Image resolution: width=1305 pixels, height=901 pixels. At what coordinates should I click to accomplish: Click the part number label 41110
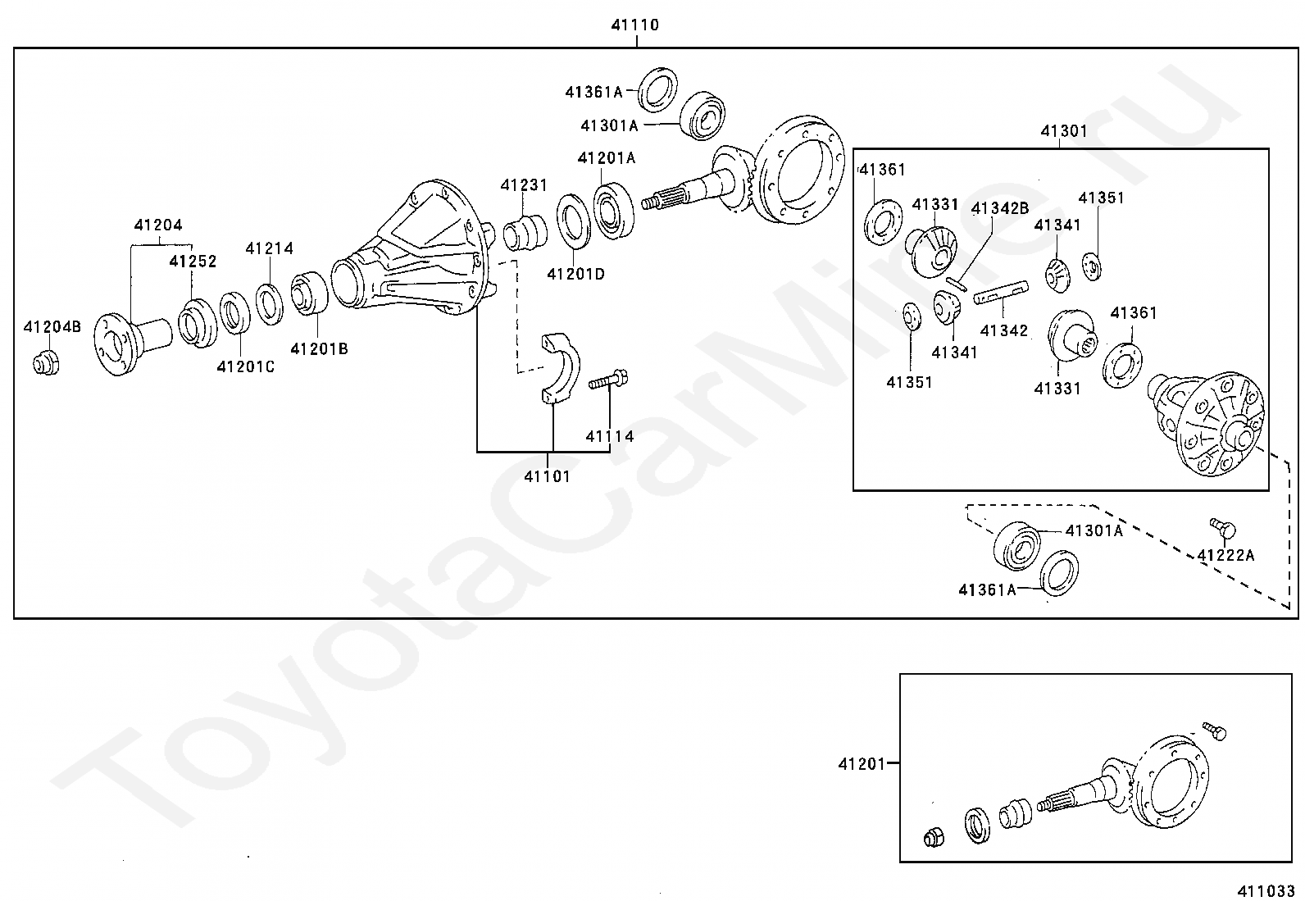pos(634,25)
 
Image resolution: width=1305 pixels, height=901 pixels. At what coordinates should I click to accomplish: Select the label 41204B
pos(52,327)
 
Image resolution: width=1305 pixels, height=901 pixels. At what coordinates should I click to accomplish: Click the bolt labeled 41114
pos(608,380)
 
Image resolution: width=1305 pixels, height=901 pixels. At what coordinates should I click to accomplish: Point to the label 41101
pos(547,476)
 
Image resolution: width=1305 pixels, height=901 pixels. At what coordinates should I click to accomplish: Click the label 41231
pos(524,185)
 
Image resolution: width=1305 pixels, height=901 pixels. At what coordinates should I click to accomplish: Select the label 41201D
pos(575,274)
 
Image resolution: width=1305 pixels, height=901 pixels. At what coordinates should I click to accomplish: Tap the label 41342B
pos(1000,208)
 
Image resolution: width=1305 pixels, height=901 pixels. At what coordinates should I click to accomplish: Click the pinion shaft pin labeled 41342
pos(1001,293)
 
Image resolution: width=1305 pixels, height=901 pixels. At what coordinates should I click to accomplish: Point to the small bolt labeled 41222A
pos(1222,527)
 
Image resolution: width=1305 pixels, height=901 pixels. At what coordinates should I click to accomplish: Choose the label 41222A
pos(1225,555)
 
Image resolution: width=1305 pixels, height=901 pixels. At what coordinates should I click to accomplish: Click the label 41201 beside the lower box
pos(861,764)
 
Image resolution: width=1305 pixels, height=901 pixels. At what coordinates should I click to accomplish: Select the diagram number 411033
pos(1266,891)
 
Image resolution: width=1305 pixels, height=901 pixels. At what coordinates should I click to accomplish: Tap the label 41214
pos(269,248)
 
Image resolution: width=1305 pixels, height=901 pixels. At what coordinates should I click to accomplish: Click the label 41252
pos(193,261)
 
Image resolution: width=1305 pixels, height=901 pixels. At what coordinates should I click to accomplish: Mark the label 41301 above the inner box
pos(1064,131)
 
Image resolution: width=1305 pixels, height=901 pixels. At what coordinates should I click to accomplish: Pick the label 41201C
pos(245,366)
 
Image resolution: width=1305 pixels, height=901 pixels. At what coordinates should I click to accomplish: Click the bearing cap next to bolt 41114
pos(559,368)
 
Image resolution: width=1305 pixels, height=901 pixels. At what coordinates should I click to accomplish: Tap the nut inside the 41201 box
pos(934,838)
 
